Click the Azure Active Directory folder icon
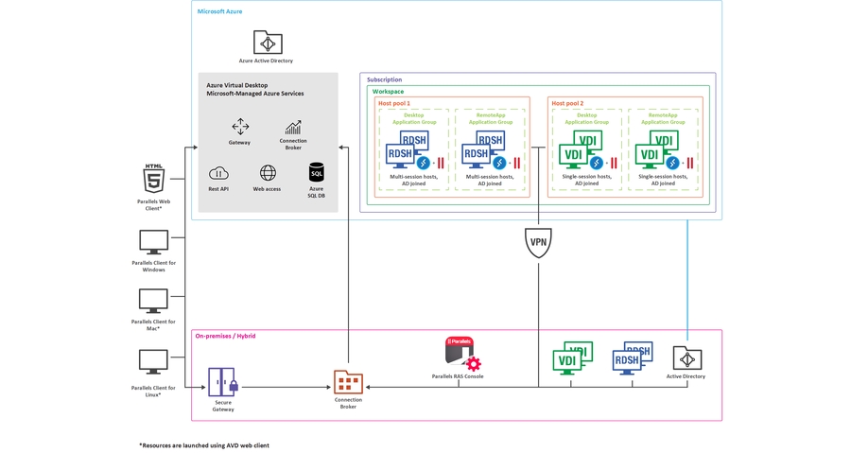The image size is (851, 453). pyautogui.click(x=268, y=43)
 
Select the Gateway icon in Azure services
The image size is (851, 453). pyautogui.click(x=240, y=127)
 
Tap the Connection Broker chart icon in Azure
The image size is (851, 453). pyautogui.click(x=293, y=127)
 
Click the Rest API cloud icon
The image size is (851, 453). pyautogui.click(x=218, y=173)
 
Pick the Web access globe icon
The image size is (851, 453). pyautogui.click(x=268, y=173)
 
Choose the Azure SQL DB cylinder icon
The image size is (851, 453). pyautogui.click(x=317, y=172)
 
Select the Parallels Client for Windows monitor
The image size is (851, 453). pyautogui.click(x=153, y=241)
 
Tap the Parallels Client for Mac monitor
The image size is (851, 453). pyautogui.click(x=153, y=302)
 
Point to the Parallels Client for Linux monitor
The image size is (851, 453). pyautogui.click(x=153, y=361)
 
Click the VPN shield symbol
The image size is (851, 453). pyautogui.click(x=538, y=242)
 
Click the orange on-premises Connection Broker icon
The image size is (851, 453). pyautogui.click(x=348, y=381)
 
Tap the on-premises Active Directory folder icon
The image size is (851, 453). pyautogui.click(x=686, y=357)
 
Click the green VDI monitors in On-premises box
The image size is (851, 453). pyautogui.click(x=572, y=357)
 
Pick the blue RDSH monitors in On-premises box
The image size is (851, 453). pyautogui.click(x=632, y=357)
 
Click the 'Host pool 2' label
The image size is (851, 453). pyautogui.click(x=567, y=103)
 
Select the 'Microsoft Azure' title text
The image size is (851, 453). pyautogui.click(x=219, y=11)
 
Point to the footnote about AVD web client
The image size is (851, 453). pyautogui.click(x=203, y=444)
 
